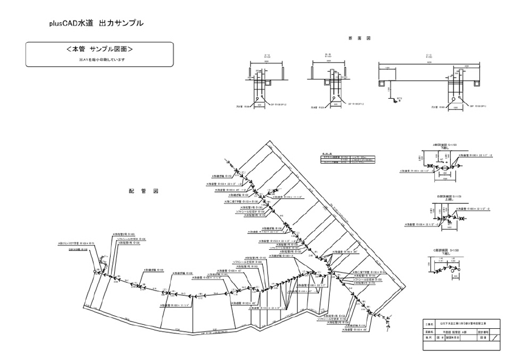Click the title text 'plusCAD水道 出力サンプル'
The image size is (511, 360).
click(96, 23)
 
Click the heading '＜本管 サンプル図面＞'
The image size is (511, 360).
click(99, 49)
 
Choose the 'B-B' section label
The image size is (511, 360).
click(328, 56)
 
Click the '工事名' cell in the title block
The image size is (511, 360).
click(429, 323)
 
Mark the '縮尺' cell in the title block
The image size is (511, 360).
click(429, 337)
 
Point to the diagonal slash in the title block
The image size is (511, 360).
click(497, 337)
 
